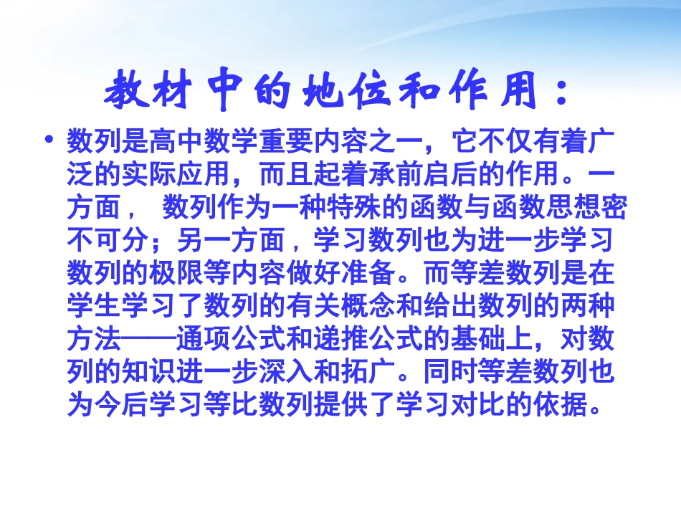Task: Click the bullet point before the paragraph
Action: point(49,138)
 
